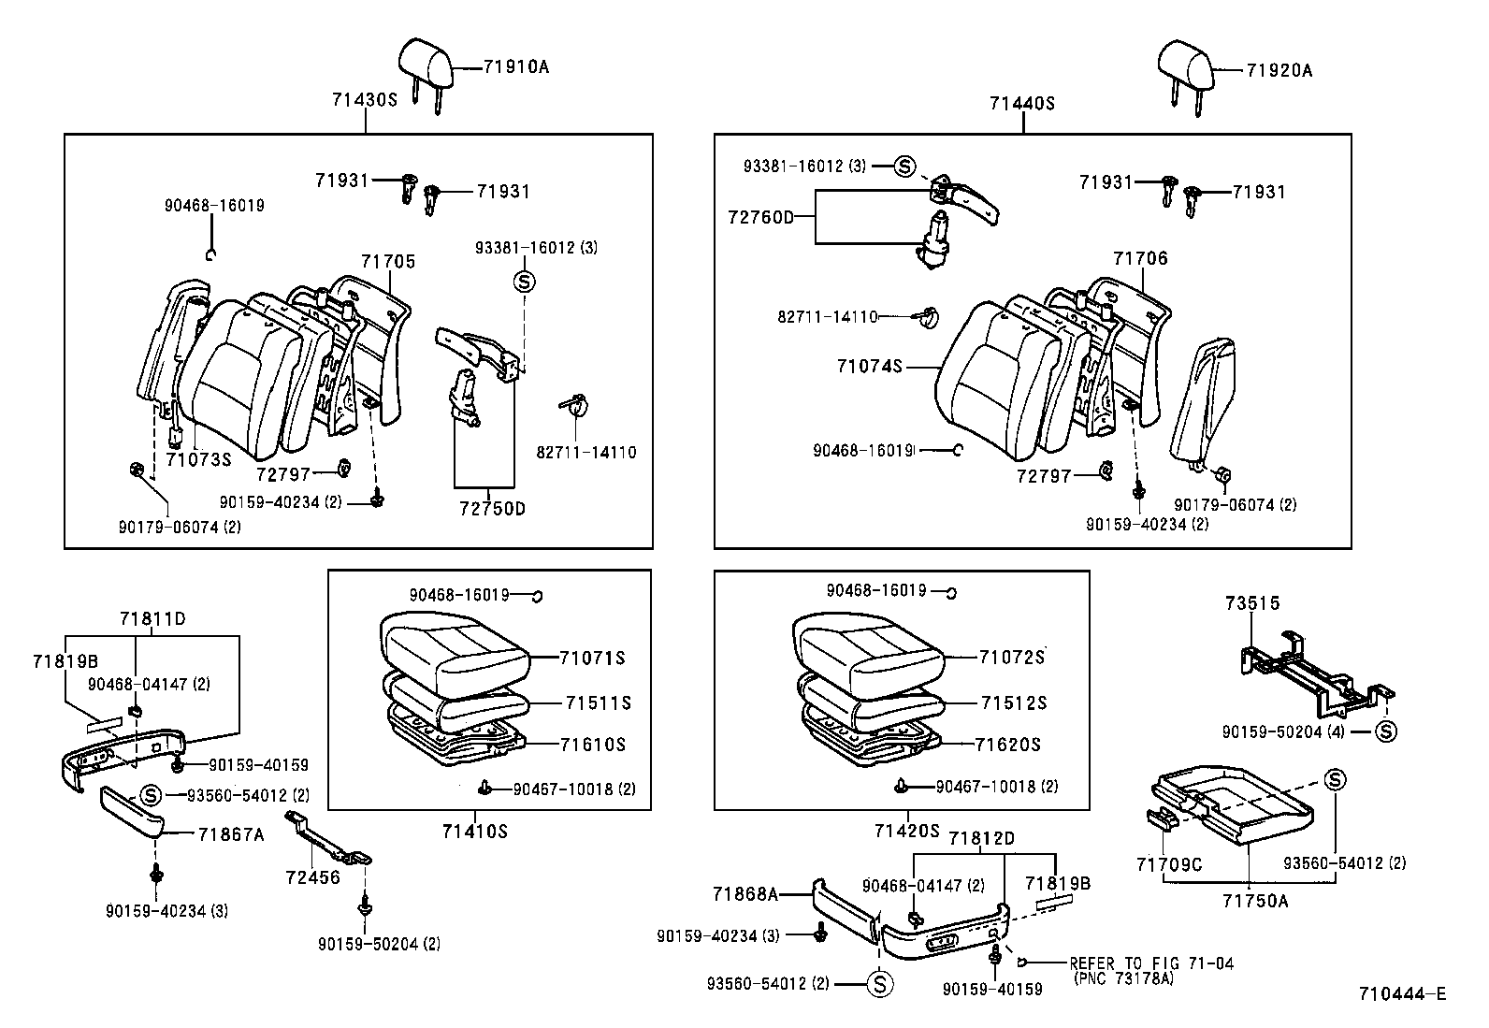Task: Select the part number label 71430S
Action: (364, 98)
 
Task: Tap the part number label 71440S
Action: (1022, 104)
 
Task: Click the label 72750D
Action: (492, 509)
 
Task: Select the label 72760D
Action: (760, 217)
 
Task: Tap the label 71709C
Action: (1169, 865)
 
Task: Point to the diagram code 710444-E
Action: (1403, 993)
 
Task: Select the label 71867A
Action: (231, 833)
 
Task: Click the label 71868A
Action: (747, 894)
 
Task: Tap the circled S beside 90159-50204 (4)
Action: (1385, 731)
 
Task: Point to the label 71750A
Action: (1254, 901)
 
